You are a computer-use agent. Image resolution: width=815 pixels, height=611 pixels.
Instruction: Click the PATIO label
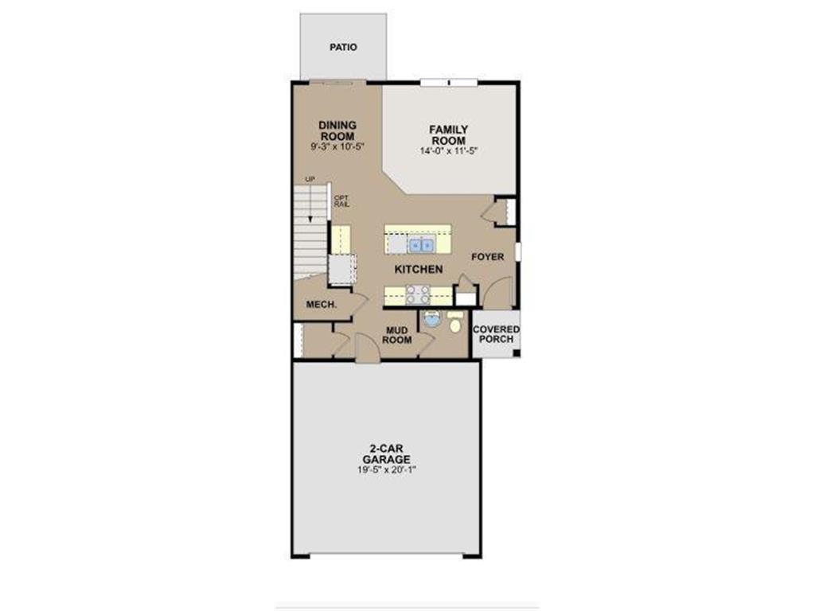(343, 47)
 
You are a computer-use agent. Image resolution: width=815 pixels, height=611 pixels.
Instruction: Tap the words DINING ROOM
(337, 130)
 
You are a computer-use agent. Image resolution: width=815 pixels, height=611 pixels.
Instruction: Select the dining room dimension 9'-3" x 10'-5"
(337, 146)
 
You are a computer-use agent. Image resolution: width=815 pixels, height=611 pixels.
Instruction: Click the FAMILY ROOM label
(448, 134)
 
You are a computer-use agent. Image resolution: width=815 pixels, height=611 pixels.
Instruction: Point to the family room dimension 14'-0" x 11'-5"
(448, 150)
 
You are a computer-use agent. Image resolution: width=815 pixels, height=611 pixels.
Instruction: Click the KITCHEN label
(419, 270)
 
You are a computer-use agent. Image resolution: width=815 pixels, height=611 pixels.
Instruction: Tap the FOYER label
(487, 257)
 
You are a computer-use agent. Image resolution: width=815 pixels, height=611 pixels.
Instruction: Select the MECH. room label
(322, 305)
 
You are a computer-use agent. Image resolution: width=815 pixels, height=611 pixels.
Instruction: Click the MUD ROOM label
(398, 335)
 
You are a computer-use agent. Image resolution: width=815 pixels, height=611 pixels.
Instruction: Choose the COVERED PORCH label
(496, 334)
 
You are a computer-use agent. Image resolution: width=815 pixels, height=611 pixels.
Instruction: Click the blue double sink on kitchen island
(421, 245)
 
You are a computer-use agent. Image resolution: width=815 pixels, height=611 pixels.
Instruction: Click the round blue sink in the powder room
(431, 321)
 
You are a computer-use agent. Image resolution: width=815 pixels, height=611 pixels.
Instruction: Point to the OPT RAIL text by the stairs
(341, 201)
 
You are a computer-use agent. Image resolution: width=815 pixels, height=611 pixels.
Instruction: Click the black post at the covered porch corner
(517, 354)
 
